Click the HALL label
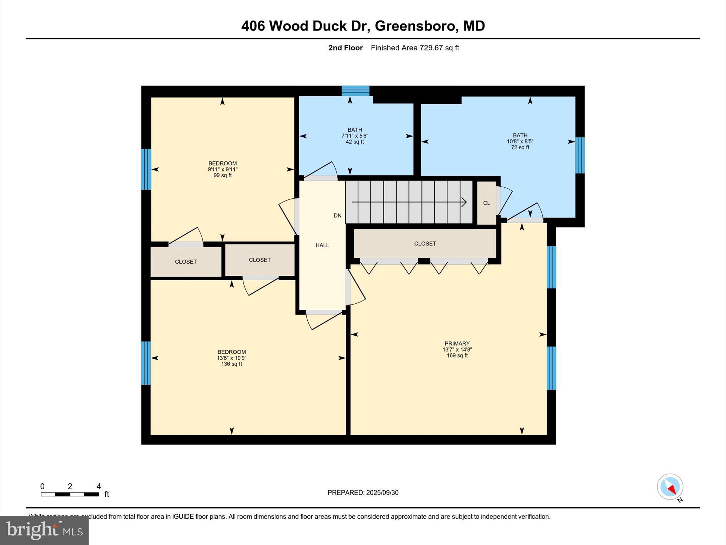coord(322,245)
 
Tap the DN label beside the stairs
coord(337,215)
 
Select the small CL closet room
coord(486,203)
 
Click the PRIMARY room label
coord(457,343)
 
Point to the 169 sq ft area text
coord(457,356)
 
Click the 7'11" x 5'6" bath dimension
coord(355,136)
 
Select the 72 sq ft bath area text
coord(520,147)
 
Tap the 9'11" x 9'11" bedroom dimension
coord(223,170)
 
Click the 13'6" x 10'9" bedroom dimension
coord(231,358)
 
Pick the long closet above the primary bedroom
coord(425,244)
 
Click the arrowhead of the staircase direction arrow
coord(464,202)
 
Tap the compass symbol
coord(670,487)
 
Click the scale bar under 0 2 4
coord(70,494)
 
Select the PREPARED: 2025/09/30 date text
coord(363,492)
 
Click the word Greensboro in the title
coord(415,26)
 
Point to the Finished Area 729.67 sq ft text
coord(415,48)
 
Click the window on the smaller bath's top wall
coord(356,91)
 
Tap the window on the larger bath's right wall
coord(580,155)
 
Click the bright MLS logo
coord(44,530)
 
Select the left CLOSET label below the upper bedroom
coord(186,262)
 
